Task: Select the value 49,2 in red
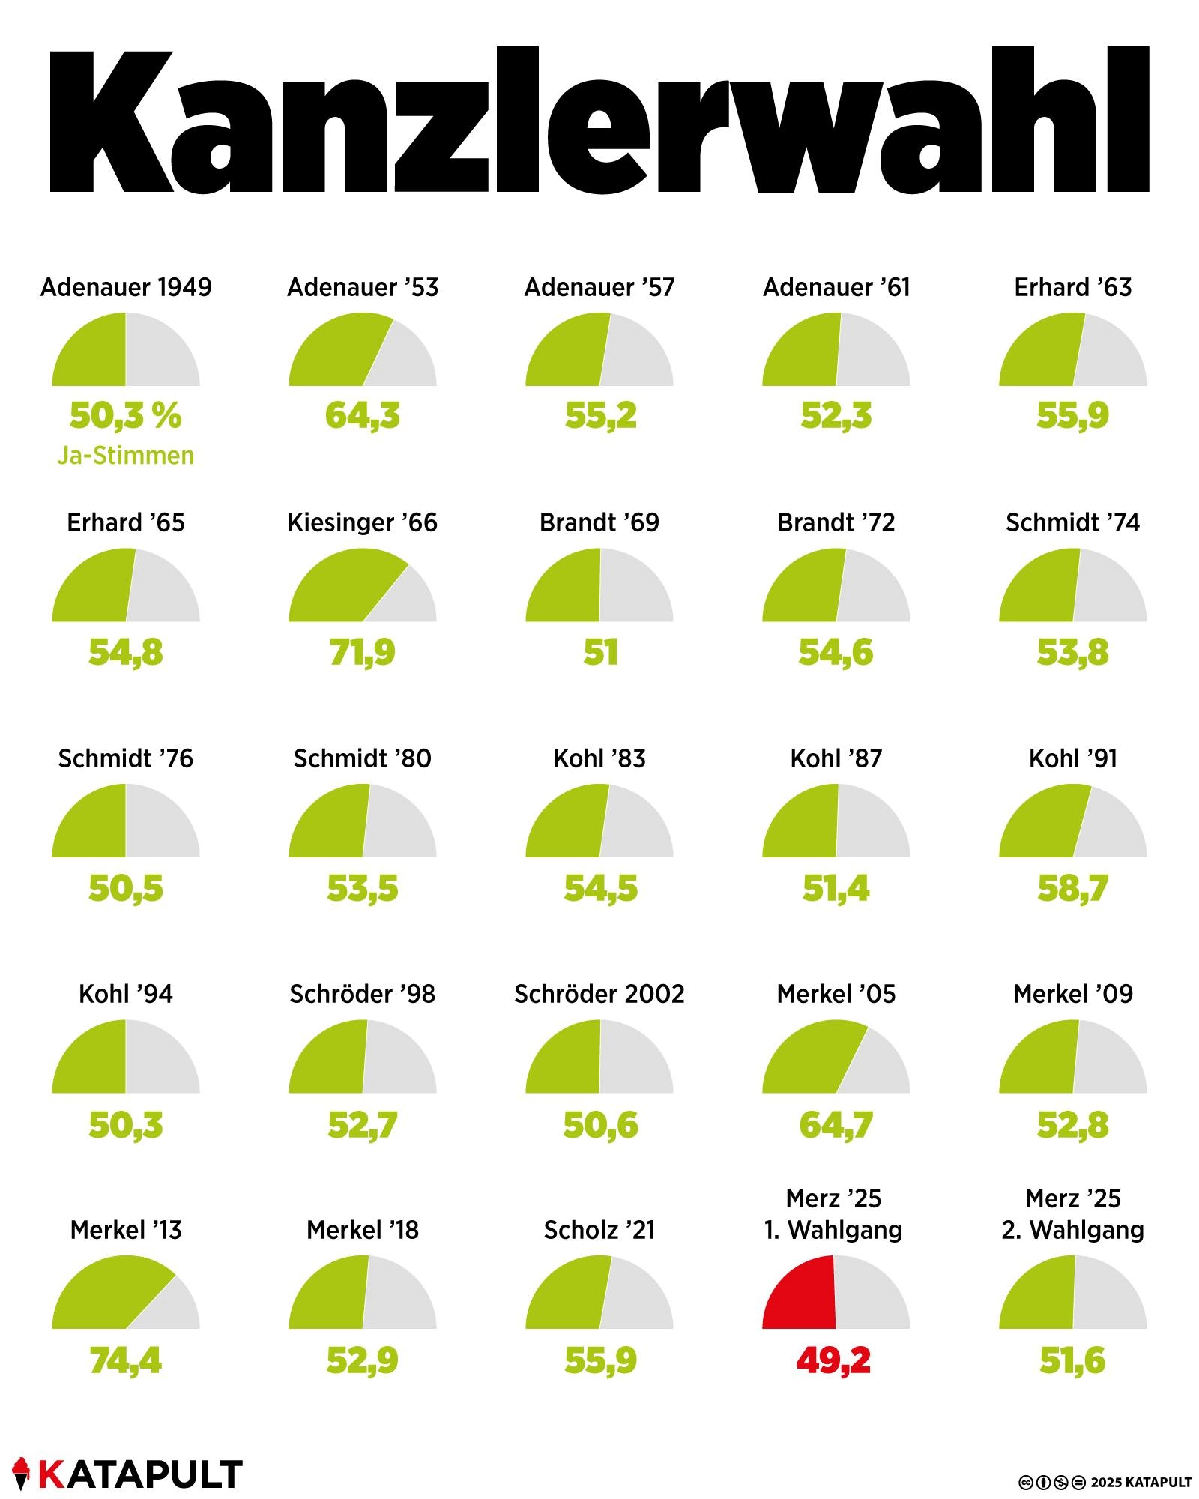coord(833,1360)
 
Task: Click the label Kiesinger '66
coord(363,522)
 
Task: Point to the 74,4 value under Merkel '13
coord(126,1360)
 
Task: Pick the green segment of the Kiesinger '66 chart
coord(337,592)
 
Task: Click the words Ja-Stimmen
coord(126,456)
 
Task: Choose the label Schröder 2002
coord(599,994)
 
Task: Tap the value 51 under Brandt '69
coord(600,652)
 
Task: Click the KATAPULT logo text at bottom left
coord(140,1474)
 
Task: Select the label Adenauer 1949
coord(126,287)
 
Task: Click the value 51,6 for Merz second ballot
coord(1072,1360)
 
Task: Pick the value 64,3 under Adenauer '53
coord(363,416)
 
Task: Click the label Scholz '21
coord(599,1230)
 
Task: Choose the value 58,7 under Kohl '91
coord(1072,888)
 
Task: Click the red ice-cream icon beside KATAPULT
coord(21,1473)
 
